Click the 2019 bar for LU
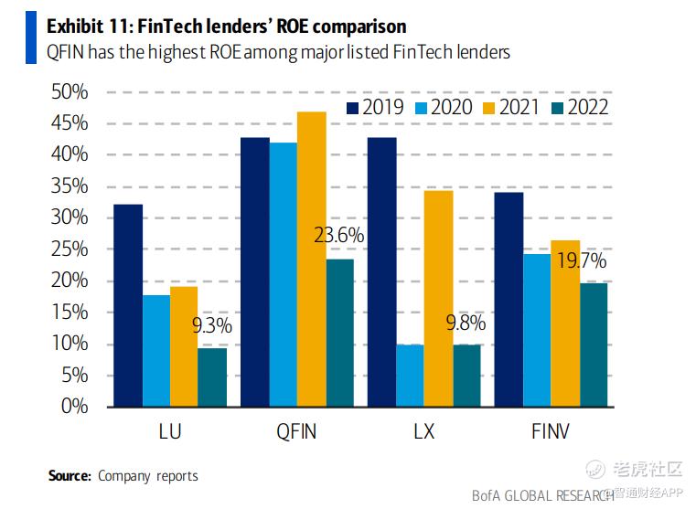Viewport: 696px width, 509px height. [x=128, y=305]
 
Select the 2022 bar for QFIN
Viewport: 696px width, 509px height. [x=340, y=333]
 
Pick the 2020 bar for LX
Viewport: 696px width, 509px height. [x=410, y=376]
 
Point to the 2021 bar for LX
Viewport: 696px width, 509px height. [x=438, y=298]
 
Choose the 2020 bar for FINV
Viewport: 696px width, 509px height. [x=537, y=330]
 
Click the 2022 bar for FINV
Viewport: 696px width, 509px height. [x=594, y=345]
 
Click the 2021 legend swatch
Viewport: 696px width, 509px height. [x=483, y=108]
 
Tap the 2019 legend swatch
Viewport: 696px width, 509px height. [x=353, y=108]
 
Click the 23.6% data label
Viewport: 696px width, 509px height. [x=339, y=236]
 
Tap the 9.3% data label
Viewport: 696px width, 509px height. [x=212, y=324]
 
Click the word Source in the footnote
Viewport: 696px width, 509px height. [x=70, y=475]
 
